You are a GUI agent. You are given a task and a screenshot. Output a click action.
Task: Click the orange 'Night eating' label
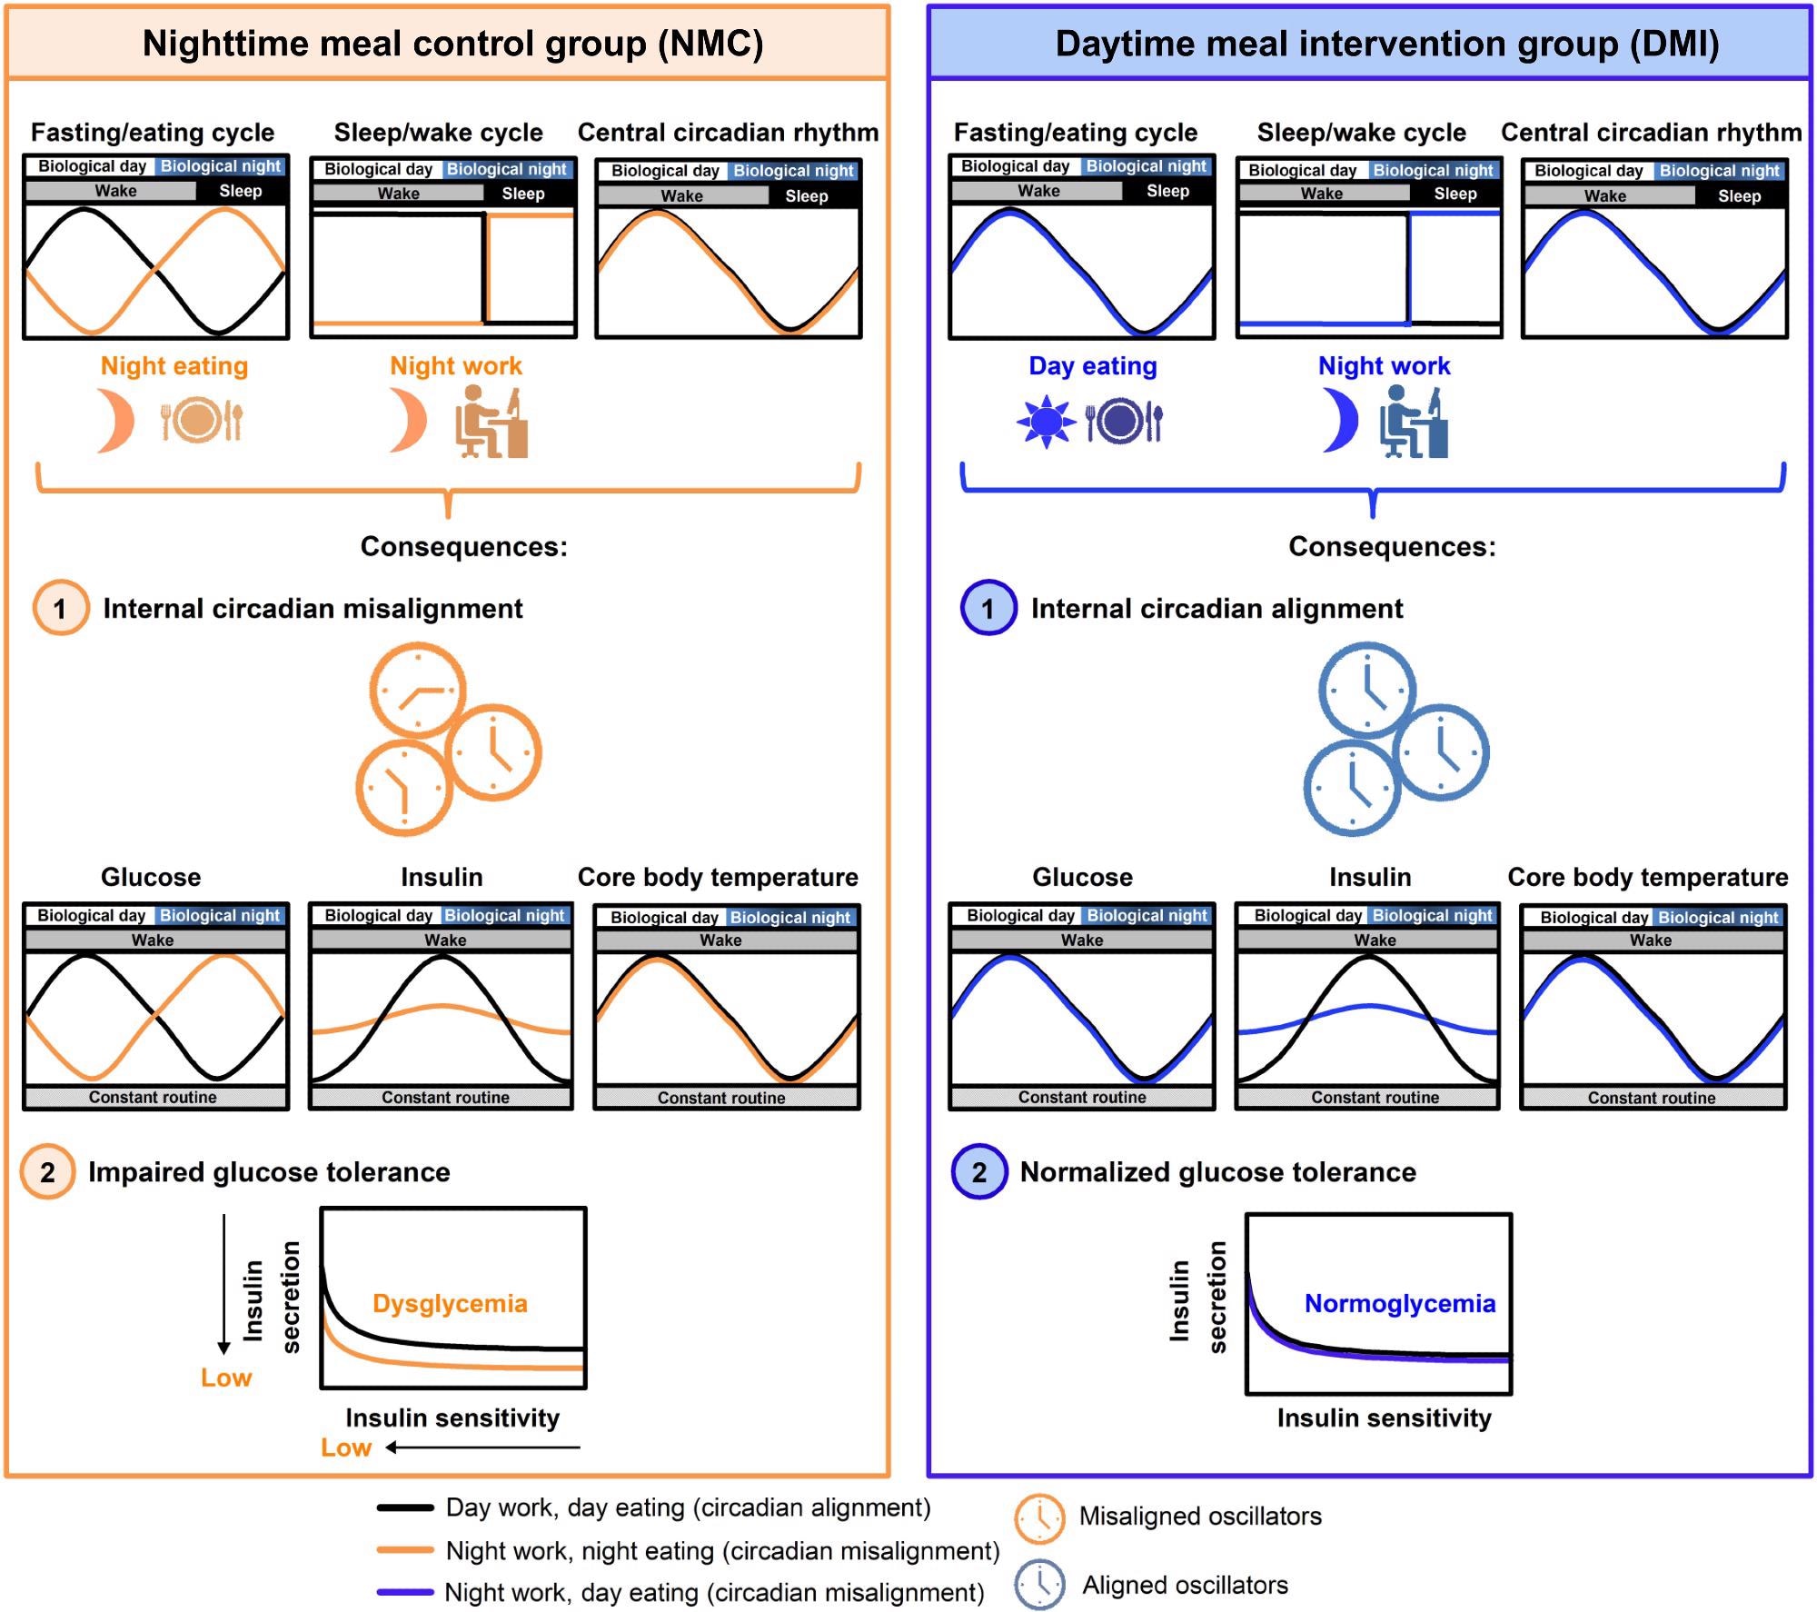click(174, 365)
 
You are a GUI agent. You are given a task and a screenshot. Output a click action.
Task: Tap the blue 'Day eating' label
click(1092, 365)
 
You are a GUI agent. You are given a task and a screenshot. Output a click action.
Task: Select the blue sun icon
click(1046, 422)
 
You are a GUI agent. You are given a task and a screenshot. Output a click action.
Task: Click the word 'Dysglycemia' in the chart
click(450, 1303)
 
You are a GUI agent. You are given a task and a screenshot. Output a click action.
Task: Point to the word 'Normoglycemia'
click(1399, 1303)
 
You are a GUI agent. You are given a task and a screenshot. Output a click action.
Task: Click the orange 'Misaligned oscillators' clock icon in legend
click(1038, 1518)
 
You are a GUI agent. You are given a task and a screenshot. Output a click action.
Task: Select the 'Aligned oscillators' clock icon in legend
click(1038, 1585)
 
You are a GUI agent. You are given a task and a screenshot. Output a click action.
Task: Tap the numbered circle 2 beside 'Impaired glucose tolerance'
click(47, 1172)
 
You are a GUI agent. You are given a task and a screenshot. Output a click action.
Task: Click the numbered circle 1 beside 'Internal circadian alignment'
click(988, 608)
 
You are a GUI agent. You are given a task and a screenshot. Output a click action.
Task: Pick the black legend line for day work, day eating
click(405, 1508)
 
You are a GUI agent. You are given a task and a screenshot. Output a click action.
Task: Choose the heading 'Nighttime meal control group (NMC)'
click(452, 44)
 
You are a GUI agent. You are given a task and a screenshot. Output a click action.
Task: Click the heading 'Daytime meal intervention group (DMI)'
click(1386, 44)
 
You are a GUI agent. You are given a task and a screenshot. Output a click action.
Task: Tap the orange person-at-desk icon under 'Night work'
click(491, 422)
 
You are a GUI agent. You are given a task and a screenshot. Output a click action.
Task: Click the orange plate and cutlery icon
click(203, 421)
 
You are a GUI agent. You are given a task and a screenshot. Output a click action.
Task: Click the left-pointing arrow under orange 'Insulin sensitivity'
click(482, 1448)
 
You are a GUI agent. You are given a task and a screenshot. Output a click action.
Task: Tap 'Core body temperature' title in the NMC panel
click(718, 877)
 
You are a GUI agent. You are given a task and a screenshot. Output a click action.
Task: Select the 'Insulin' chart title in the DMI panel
click(1370, 877)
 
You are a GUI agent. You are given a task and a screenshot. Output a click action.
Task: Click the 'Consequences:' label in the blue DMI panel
click(1392, 546)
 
